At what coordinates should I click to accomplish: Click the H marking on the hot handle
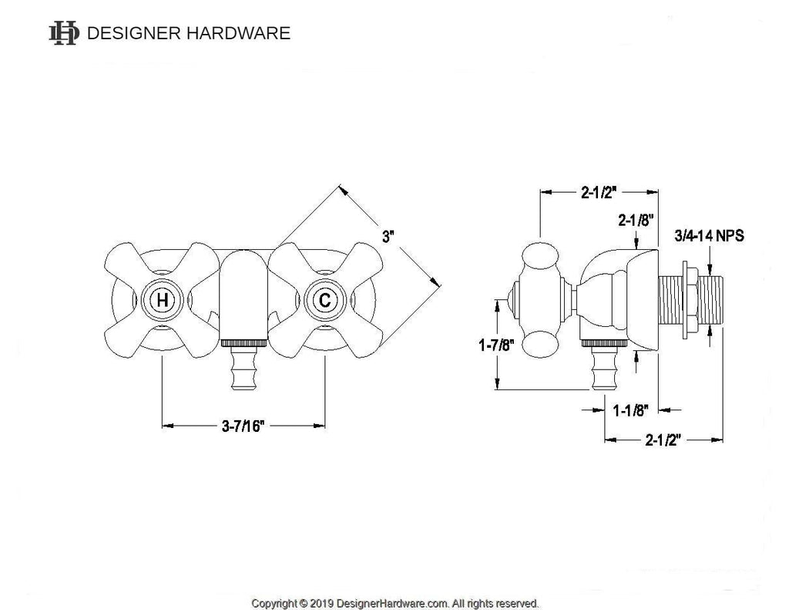tap(162, 300)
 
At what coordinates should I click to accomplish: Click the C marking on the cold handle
tap(324, 300)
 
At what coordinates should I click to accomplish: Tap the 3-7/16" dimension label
tap(242, 425)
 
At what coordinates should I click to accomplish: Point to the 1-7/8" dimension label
tap(492, 346)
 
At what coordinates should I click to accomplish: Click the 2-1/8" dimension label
tap(636, 220)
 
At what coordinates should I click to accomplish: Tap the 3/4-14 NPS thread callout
tap(710, 235)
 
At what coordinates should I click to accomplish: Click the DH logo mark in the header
tap(63, 32)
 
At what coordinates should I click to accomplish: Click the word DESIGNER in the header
tap(132, 33)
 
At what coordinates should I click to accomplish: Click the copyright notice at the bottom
tap(394, 603)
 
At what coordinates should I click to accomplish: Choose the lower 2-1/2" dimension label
tap(665, 440)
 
